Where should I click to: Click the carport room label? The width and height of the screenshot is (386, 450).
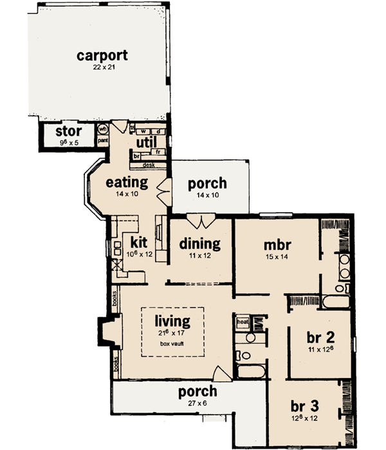pos(102,55)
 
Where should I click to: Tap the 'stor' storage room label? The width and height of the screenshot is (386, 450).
pos(67,133)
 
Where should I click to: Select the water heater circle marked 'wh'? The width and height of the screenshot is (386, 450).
pos(102,129)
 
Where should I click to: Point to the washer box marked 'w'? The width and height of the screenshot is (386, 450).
pos(144,132)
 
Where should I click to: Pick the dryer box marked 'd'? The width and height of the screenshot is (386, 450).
pos(158,132)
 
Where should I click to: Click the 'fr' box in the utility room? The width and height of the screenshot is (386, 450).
pos(157,152)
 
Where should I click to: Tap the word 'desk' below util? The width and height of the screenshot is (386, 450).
pos(148,165)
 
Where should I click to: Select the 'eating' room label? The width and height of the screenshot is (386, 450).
pos(127,183)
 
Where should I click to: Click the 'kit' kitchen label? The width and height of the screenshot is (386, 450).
pos(140,242)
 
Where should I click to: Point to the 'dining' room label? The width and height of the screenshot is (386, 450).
pos(199,244)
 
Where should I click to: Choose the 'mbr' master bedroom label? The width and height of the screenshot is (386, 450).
pos(278,245)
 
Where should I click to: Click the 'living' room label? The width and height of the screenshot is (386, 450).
pos(172,320)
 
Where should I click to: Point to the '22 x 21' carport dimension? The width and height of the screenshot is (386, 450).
pos(102,67)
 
